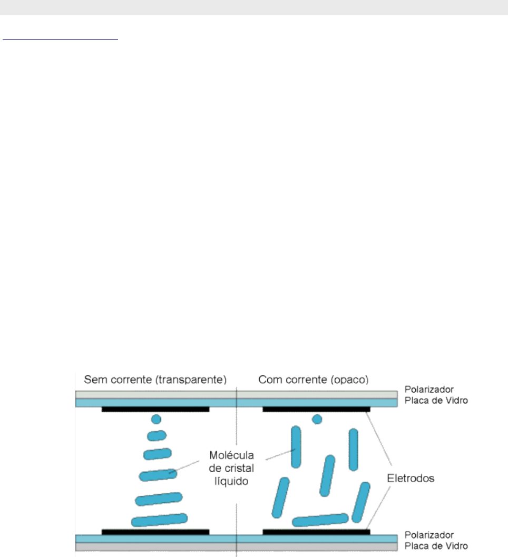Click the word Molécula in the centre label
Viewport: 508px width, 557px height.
(232, 455)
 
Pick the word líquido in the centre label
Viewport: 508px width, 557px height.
(232, 480)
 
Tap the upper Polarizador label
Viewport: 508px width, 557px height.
(427, 390)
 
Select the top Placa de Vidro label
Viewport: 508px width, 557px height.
(436, 401)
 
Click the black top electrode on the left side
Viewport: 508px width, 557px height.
(155, 409)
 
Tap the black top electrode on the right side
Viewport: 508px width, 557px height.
(316, 409)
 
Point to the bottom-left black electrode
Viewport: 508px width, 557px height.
(155, 531)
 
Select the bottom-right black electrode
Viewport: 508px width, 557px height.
(316, 531)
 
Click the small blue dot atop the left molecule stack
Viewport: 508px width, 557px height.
(155, 420)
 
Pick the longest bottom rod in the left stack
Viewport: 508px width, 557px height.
(159, 520)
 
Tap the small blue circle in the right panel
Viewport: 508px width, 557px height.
(317, 420)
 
